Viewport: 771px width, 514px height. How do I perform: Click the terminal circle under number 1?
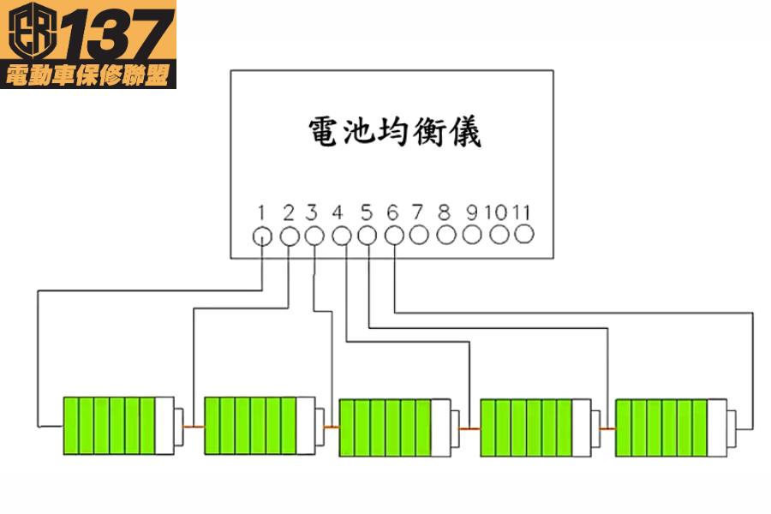coord(263,236)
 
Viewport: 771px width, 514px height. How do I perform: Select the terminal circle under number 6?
coord(394,234)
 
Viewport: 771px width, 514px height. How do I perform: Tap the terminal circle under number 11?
coord(524,233)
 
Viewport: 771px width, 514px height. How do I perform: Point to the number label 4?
coord(338,212)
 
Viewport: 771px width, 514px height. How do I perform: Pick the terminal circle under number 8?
coord(445,234)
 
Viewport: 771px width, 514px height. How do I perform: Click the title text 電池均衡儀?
coord(395,133)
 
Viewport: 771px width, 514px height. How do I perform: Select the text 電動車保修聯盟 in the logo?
coord(89,75)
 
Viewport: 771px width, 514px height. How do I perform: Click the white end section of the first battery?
coord(164,426)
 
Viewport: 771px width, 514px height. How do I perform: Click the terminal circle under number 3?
coord(314,236)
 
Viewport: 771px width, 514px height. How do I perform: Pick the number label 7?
coord(418,212)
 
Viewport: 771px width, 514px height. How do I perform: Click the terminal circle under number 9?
coord(472,234)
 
